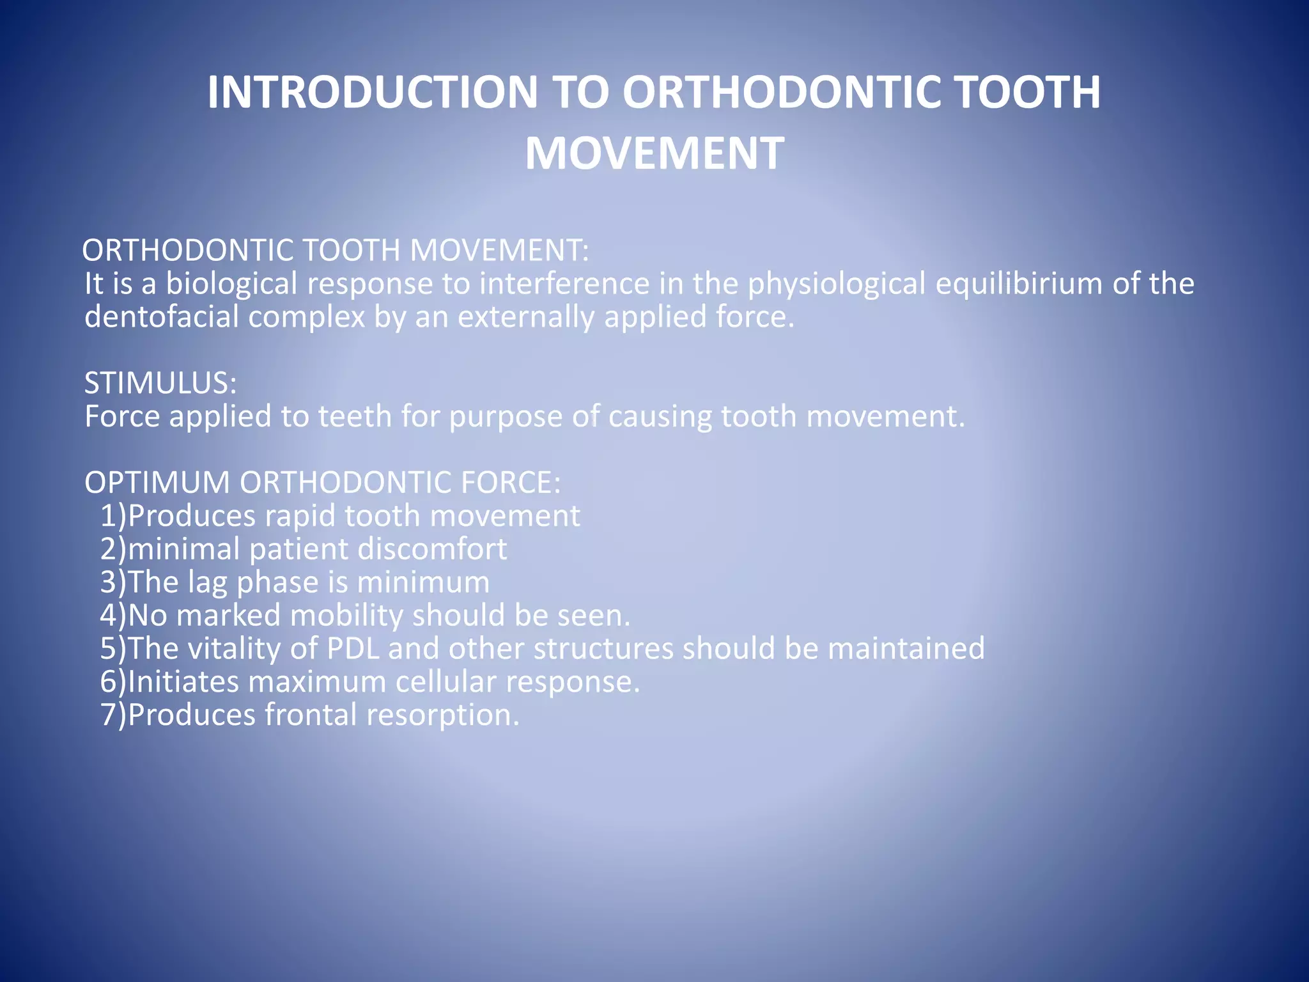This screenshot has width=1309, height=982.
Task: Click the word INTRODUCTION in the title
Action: [373, 93]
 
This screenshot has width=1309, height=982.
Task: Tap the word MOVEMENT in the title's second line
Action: [654, 154]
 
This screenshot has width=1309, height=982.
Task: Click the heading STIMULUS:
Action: [160, 383]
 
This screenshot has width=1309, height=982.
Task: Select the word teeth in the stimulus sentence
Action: [355, 416]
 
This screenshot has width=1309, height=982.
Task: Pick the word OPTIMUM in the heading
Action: [157, 482]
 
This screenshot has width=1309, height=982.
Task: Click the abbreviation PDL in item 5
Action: [353, 648]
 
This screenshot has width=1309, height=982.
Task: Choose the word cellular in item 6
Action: [445, 682]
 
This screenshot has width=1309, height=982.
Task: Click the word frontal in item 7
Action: [311, 715]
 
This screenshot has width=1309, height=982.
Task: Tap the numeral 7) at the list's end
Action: [114, 715]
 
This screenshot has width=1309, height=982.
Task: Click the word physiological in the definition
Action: [837, 283]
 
